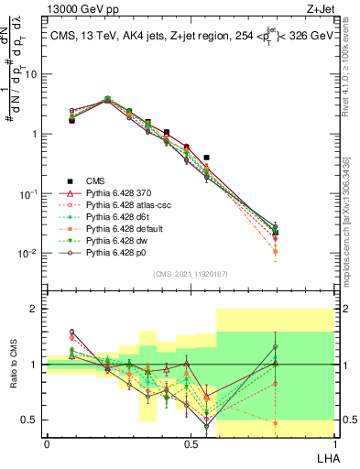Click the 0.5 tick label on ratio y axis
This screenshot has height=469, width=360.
tap(32, 420)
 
